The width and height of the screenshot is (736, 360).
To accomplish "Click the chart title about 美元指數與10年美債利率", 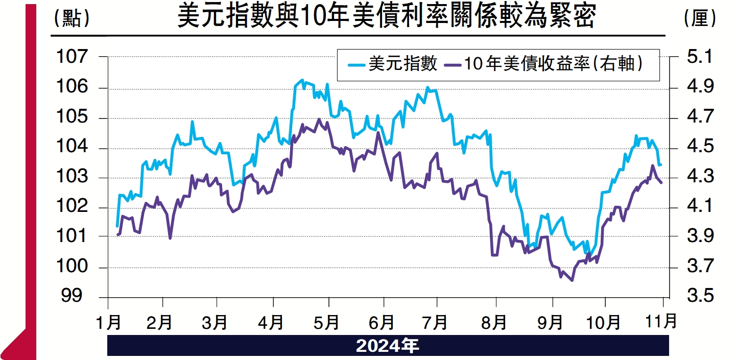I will [x=386, y=17].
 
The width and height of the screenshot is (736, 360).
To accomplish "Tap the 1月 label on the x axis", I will [x=108, y=323].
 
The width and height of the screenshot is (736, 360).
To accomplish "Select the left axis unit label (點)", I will [x=72, y=18].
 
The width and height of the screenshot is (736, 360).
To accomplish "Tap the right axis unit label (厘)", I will [x=700, y=18].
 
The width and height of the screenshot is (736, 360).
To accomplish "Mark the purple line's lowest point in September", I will [x=572, y=280].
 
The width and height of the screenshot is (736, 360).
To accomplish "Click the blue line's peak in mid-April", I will [x=302, y=80].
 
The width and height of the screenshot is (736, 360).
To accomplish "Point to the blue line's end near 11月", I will [x=660, y=165].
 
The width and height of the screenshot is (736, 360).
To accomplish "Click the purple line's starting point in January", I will [x=117, y=235].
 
